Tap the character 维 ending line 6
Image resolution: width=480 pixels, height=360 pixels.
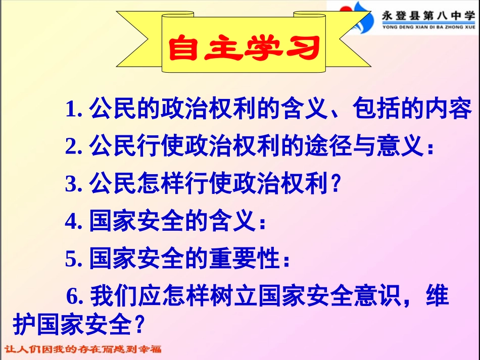point(437,297)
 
